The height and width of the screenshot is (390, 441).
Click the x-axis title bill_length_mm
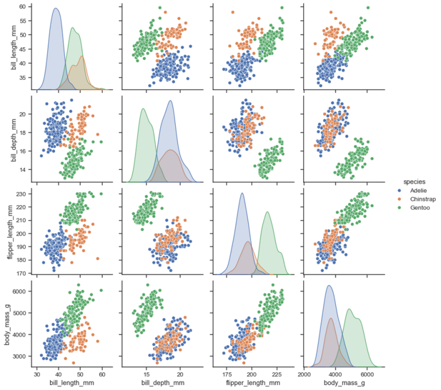point(70,382)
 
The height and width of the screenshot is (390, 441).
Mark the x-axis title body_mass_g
point(343,382)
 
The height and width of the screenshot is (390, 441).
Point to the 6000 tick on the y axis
point(20,291)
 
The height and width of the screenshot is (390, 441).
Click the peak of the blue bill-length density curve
point(55,9)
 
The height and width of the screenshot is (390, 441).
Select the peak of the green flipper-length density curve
point(267,213)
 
